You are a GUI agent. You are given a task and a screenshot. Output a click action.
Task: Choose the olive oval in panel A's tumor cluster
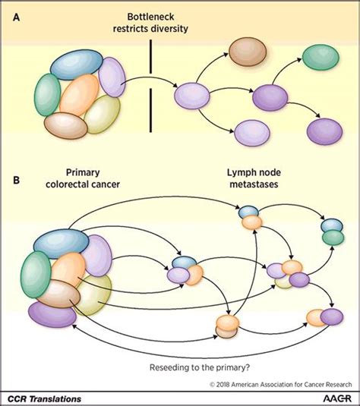[101, 116]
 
